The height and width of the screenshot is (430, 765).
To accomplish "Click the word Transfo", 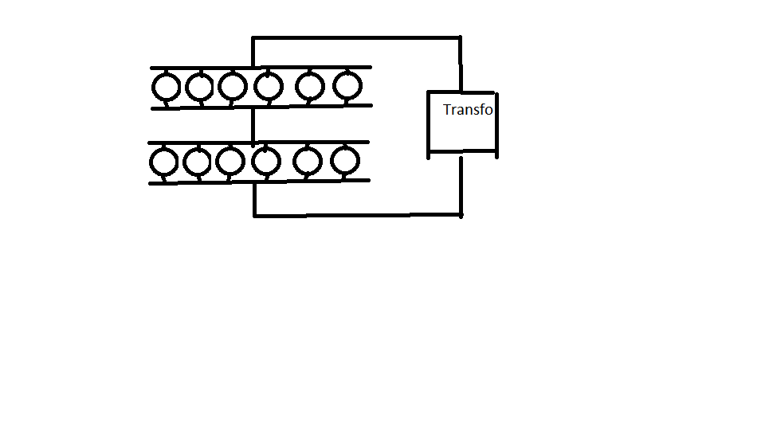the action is coord(468,110).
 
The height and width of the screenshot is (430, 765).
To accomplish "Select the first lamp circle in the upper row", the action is coord(152,88).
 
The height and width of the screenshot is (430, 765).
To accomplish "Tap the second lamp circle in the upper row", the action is coord(186,88).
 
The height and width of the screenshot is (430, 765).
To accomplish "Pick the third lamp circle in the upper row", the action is coord(218,86).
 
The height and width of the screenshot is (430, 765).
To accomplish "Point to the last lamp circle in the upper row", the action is coord(333,86).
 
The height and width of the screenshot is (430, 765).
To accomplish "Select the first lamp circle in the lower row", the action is coord(150,162).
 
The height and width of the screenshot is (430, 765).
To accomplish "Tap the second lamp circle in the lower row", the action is coord(183,162).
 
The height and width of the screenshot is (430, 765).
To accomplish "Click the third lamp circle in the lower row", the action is coord(216,162).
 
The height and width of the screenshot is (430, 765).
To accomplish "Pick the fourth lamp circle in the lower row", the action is coord(253,162).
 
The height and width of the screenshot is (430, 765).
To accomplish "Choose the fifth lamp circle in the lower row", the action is coord(293,162).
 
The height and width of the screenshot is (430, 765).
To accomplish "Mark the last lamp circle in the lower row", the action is coord(331,161).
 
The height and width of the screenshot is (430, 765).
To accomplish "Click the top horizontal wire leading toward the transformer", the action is coord(356,37).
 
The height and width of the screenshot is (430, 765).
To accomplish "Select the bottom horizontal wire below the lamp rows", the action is coord(358,215).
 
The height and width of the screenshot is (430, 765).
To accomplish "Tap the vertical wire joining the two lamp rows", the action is coord(253,125).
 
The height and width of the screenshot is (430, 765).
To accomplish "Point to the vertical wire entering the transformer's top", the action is coord(460,64).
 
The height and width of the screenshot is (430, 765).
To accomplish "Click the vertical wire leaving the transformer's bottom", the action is coord(461,186).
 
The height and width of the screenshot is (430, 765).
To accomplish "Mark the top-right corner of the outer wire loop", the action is coord(460,37).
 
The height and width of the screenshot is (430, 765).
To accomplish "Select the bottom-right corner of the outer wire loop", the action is coord(461,215).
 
